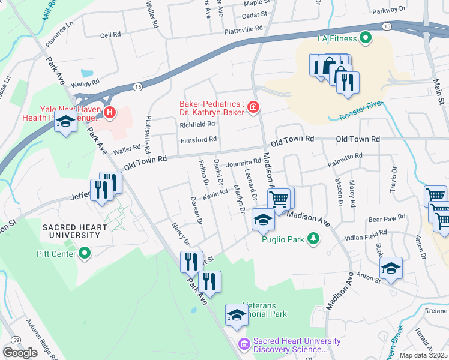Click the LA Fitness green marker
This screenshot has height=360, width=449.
click(x=365, y=40)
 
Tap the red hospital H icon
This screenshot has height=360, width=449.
click(x=109, y=112)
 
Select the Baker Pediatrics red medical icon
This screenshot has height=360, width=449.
click(x=253, y=107)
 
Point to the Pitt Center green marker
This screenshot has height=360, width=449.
click(x=85, y=254)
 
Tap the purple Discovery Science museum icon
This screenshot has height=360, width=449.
click(x=244, y=344)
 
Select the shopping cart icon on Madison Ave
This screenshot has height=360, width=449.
click(x=279, y=199)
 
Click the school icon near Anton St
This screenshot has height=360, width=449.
click(x=390, y=268)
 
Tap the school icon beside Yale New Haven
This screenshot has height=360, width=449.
click(x=65, y=122)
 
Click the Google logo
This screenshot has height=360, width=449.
click(x=20, y=352)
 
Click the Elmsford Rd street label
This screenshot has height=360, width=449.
click(x=198, y=140)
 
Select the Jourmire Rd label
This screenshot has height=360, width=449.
click(x=243, y=162)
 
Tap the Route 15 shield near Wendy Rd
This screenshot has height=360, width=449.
click(x=138, y=87)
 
